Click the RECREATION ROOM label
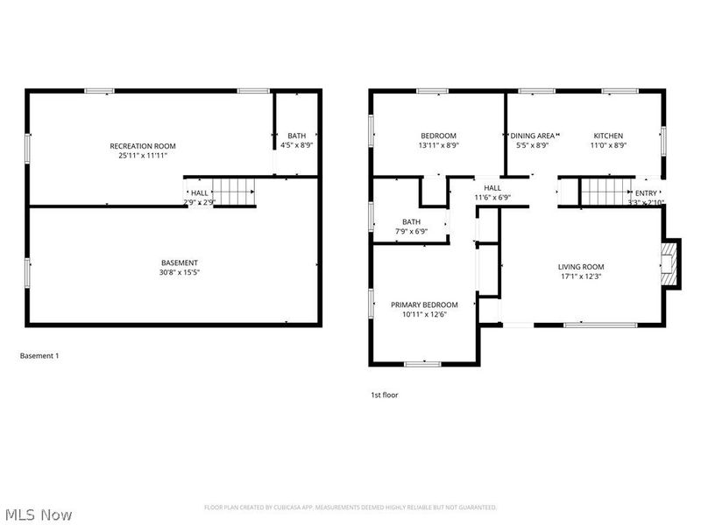tap(143, 145)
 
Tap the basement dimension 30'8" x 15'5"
tap(180, 272)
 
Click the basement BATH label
tap(297, 136)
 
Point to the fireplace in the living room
tap(669, 263)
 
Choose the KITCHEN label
tap(608, 136)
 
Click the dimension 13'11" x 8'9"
tap(438, 145)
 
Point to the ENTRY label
tap(646, 193)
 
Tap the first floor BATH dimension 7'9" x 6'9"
tap(411, 232)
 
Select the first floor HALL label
tap(492, 188)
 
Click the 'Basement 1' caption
tap(39, 356)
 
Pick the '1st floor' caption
tap(384, 395)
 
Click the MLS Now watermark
tap(39, 515)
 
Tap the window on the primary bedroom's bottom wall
tap(422, 363)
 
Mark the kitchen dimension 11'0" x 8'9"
tap(608, 145)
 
